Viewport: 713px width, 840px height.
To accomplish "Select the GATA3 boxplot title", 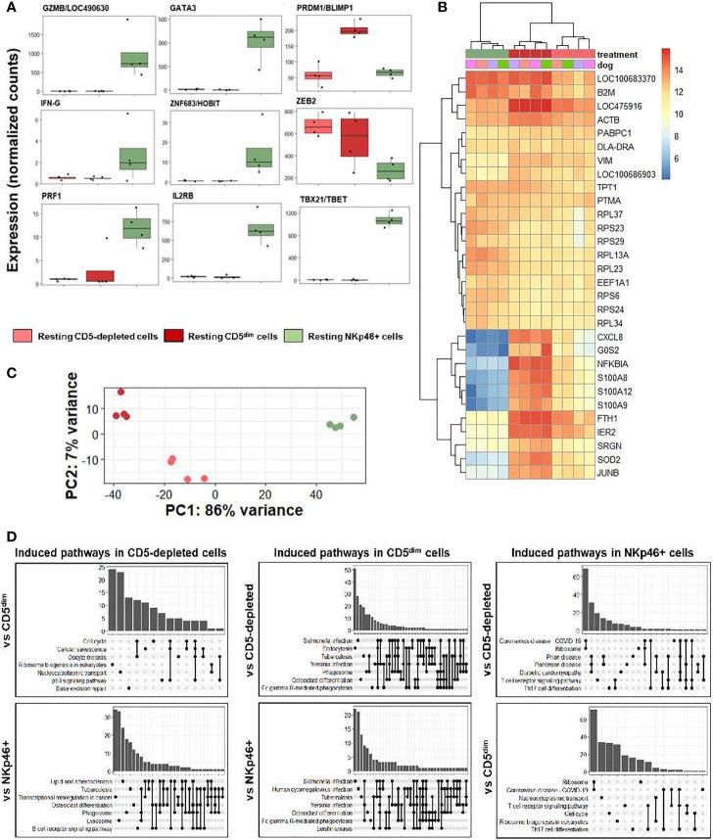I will [179, 8].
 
